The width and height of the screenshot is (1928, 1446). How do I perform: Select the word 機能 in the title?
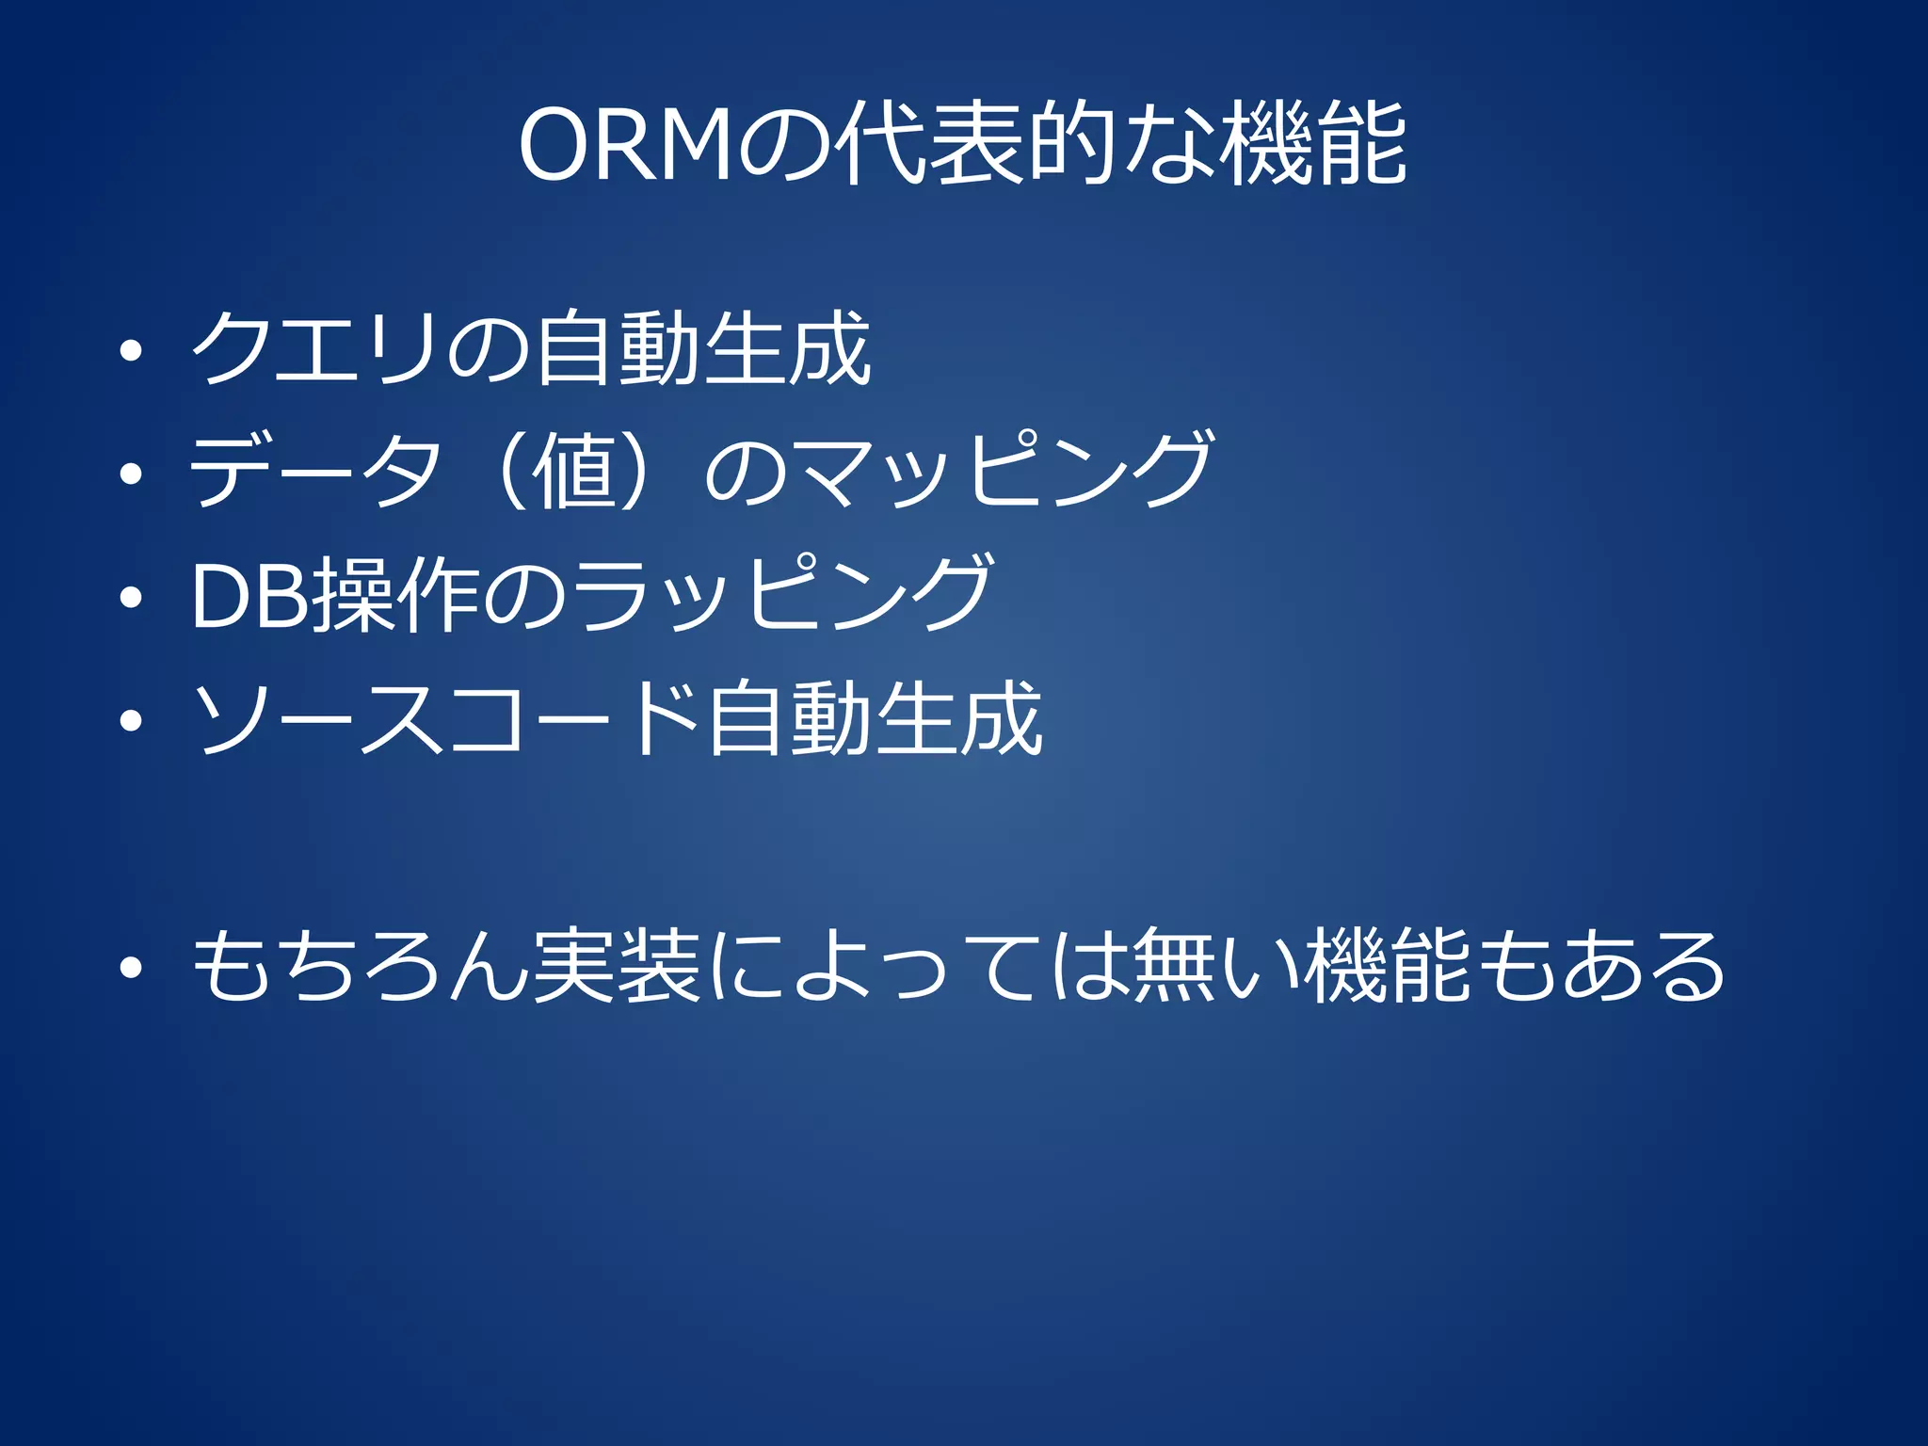(x=1313, y=146)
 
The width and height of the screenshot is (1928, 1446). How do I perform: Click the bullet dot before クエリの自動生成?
(x=132, y=352)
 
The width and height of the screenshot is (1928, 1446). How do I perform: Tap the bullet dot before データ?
(x=132, y=474)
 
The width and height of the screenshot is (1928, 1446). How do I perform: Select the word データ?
(x=315, y=470)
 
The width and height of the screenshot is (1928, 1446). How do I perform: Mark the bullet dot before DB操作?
(x=132, y=597)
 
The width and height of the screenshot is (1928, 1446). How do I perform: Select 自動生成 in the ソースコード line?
(x=876, y=718)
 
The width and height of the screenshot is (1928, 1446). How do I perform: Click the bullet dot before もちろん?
(x=132, y=967)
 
